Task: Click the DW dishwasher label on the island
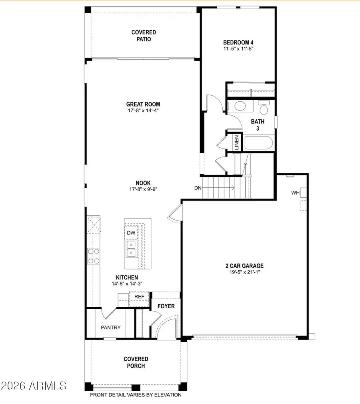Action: (x=131, y=233)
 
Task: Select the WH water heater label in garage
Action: (x=295, y=193)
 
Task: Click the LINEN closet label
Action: (x=236, y=142)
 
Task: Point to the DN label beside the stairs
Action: (x=198, y=187)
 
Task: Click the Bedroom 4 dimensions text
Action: (x=238, y=48)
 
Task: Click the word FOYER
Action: (x=166, y=306)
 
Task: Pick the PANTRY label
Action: (x=110, y=328)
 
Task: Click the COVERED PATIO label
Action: (x=144, y=36)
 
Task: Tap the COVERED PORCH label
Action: (x=136, y=362)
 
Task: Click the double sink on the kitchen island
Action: (x=131, y=249)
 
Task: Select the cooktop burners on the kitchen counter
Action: (x=94, y=256)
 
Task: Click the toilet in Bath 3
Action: (x=264, y=108)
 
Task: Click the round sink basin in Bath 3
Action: (x=240, y=106)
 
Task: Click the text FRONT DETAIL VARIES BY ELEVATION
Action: (x=136, y=395)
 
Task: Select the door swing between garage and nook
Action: (x=174, y=212)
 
